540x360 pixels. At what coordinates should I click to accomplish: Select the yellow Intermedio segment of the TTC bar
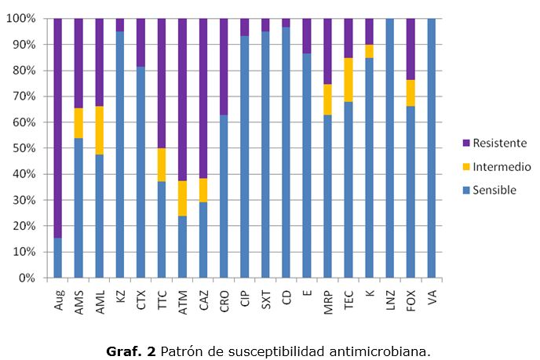click(162, 165)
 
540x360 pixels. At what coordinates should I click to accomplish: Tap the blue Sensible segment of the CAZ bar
click(203, 240)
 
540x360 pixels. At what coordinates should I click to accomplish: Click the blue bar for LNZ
click(390, 148)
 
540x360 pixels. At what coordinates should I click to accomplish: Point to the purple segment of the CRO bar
click(224, 67)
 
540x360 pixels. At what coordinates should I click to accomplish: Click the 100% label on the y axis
click(22, 18)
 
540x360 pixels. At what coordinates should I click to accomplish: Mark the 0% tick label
click(27, 278)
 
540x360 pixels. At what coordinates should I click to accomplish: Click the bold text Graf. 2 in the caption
click(131, 351)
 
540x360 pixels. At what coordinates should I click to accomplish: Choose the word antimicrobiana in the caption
click(389, 351)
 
